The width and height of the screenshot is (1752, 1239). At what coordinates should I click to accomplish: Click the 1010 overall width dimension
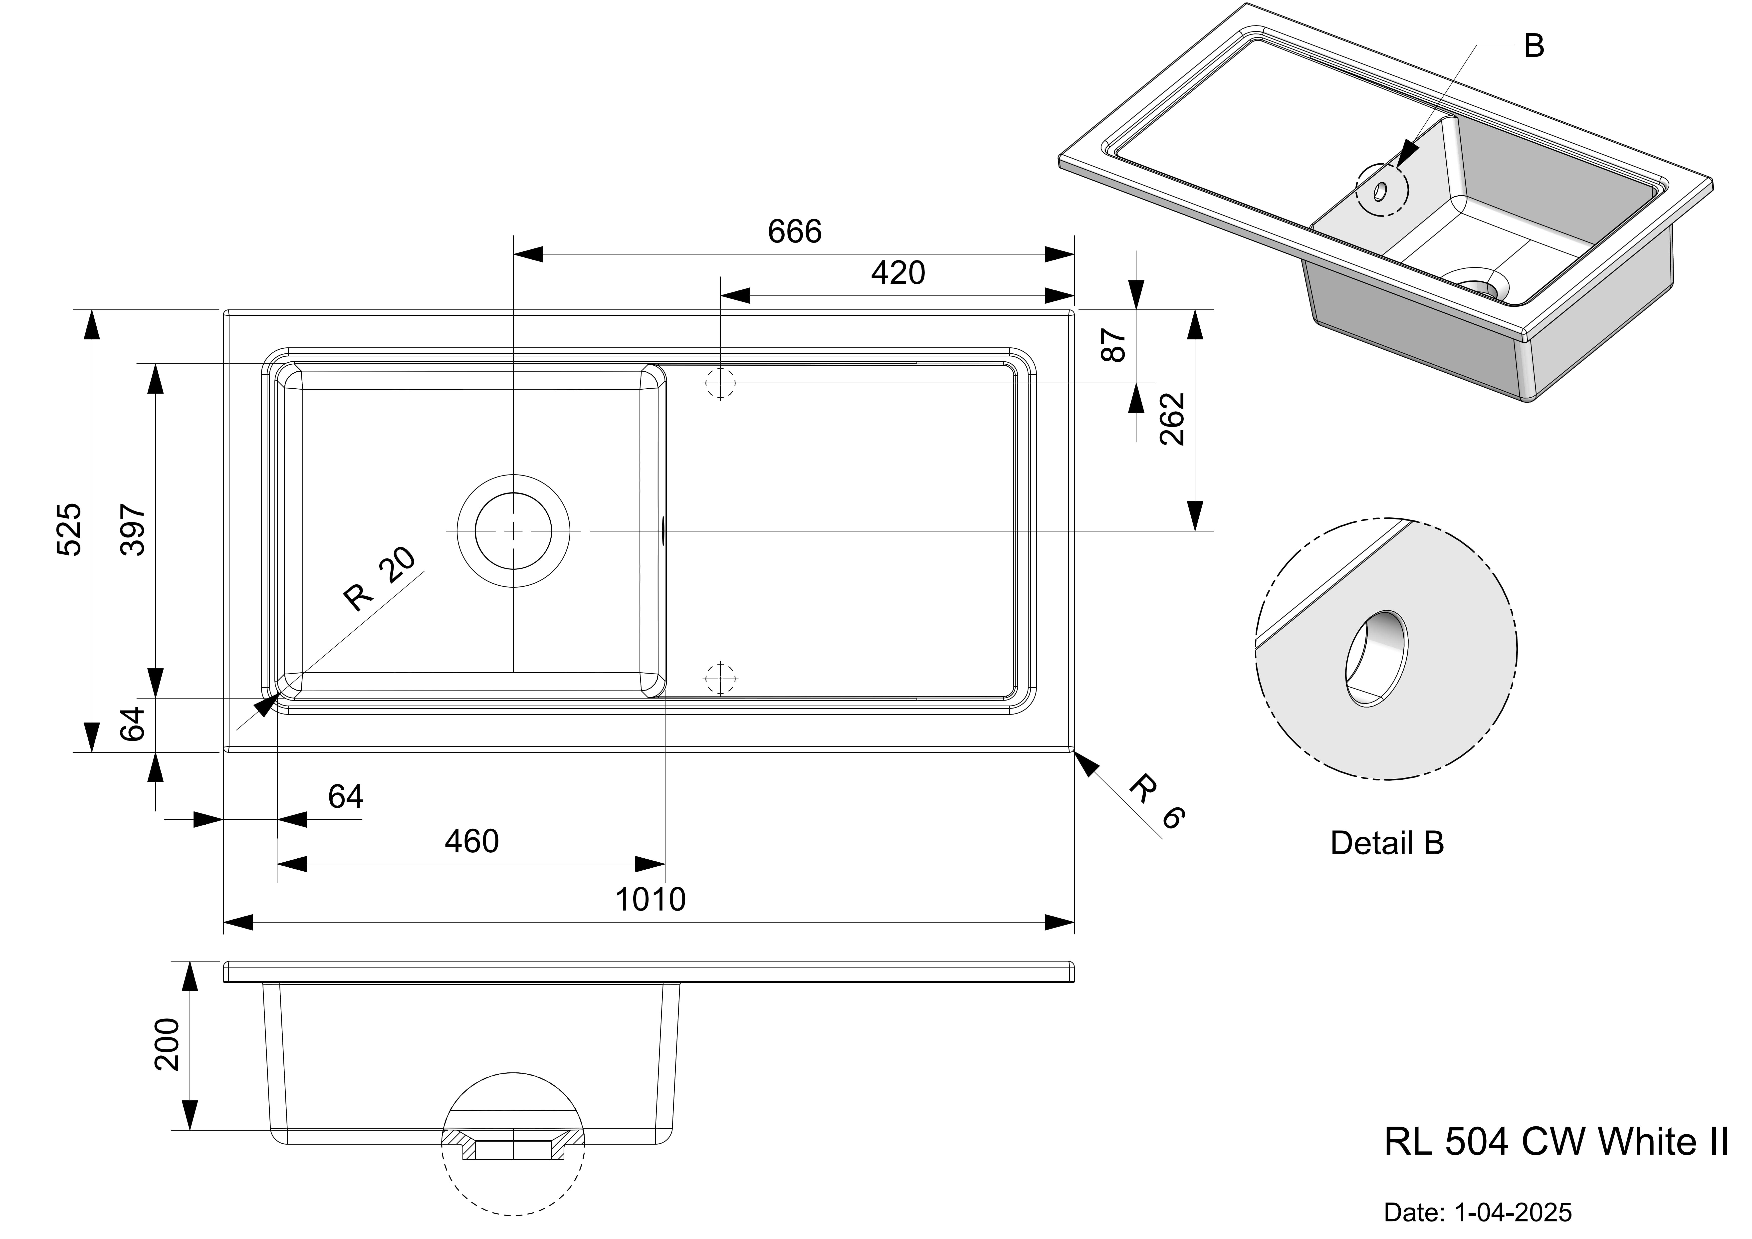point(650,899)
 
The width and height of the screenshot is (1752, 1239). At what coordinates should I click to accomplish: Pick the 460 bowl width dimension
point(471,841)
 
